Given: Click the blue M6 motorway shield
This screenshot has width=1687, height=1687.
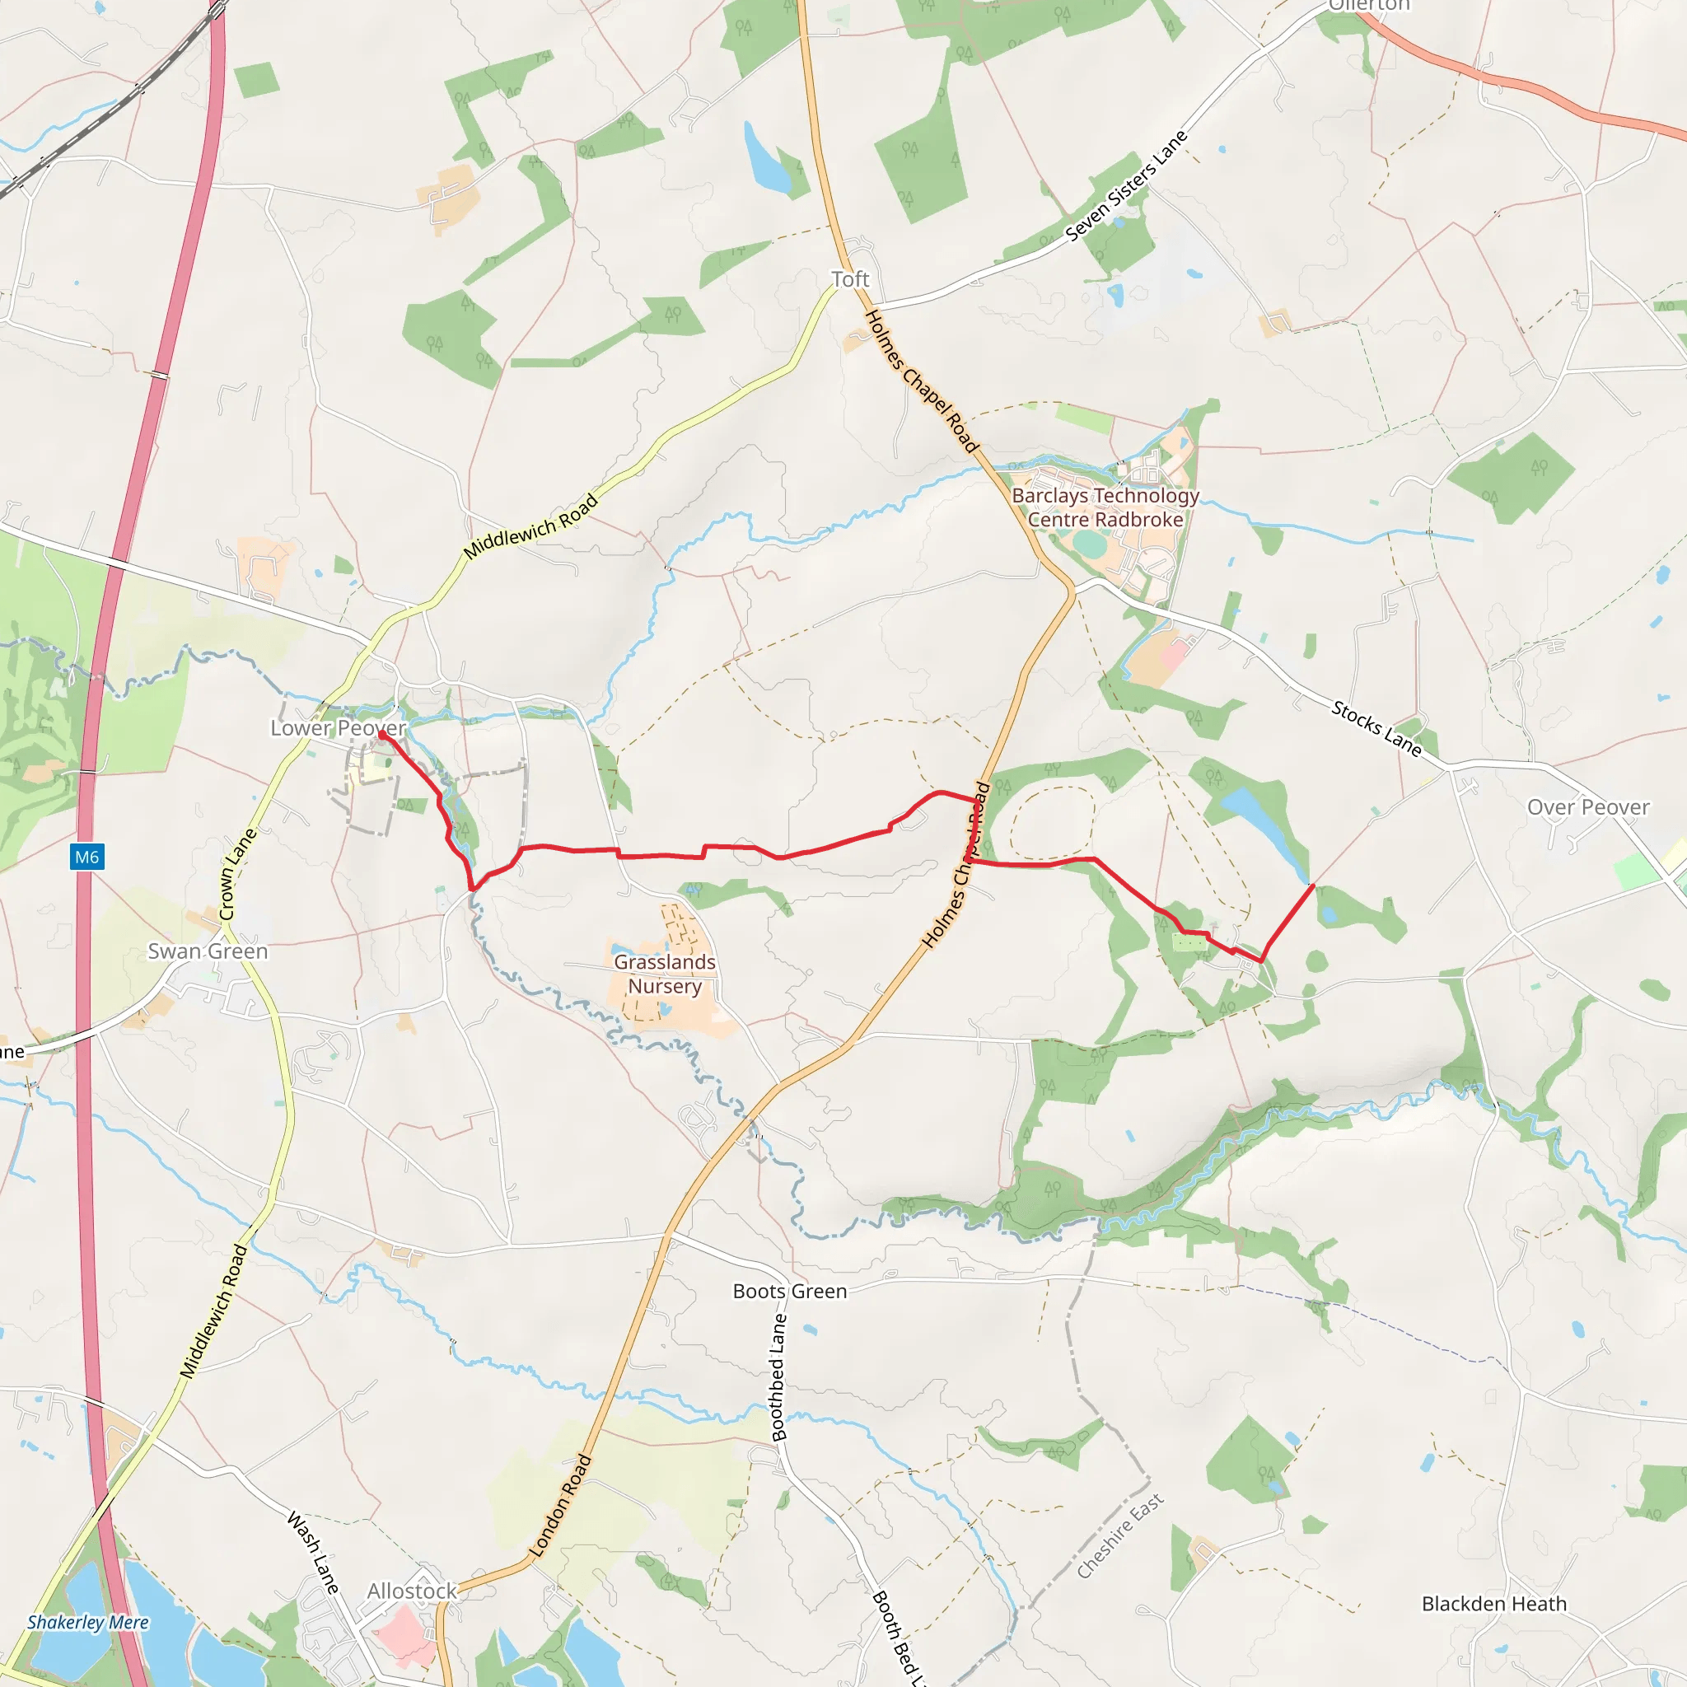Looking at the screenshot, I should tap(87, 857).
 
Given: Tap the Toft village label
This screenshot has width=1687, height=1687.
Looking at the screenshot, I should tap(849, 279).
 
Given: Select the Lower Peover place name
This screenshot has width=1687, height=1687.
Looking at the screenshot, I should tap(338, 727).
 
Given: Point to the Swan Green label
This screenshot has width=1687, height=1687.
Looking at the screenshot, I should tap(208, 951).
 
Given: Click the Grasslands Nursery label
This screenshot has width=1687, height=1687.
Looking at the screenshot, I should tap(665, 974).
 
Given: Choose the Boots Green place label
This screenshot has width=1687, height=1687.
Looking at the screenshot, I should tap(789, 1292).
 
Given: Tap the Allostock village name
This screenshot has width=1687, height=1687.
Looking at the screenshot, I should tap(411, 1591).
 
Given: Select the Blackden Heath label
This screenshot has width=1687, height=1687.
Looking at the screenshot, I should tap(1494, 1604).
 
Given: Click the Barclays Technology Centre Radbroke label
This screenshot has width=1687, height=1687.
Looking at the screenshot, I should tap(1105, 507).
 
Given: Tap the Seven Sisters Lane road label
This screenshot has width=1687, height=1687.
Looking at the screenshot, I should tap(1126, 185).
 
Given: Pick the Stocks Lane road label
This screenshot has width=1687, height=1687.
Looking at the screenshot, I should tap(1376, 728).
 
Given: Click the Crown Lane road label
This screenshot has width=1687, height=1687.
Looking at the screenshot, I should tap(237, 873).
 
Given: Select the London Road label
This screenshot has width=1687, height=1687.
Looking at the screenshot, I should tap(562, 1506).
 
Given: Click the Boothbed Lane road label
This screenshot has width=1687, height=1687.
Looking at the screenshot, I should tap(778, 1377).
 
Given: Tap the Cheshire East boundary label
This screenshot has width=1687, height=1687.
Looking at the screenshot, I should tap(1119, 1536).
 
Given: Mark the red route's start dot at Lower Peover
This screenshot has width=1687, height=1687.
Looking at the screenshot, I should tap(381, 736).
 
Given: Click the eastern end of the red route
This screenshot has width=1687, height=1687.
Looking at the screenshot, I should tap(1313, 886).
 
